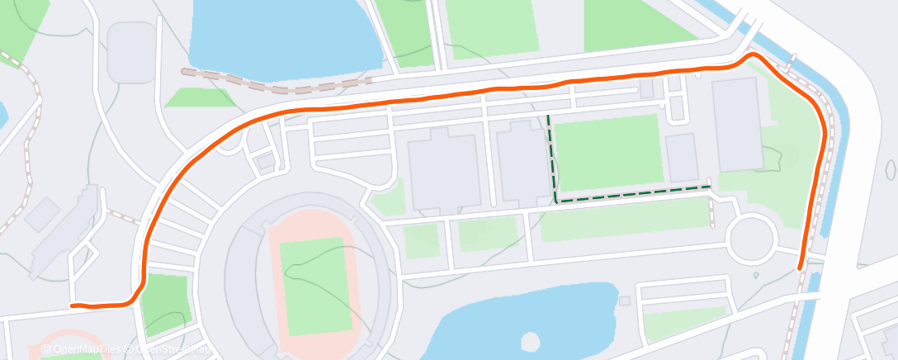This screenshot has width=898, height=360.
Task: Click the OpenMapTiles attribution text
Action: [x=83, y=350]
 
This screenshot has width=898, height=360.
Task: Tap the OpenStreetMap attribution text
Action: [x=169, y=350]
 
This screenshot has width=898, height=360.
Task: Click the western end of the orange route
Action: [x=73, y=306]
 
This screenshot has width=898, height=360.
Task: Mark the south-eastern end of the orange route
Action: [x=800, y=268]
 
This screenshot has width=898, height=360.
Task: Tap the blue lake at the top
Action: [x=285, y=37]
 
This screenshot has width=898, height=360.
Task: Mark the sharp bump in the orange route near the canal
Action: [x=753, y=55]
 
